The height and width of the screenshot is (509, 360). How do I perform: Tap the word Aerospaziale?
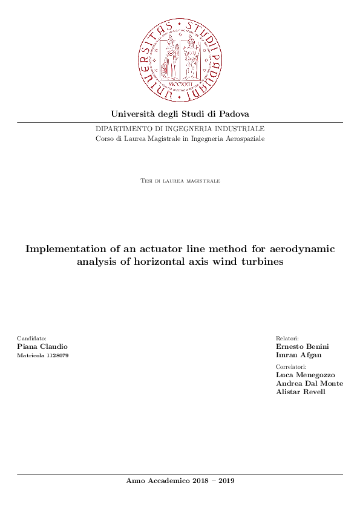pyautogui.click(x=244, y=139)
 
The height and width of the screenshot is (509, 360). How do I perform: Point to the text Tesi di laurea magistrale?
pyautogui.click(x=180, y=181)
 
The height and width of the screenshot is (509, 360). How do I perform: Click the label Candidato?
pyautogui.click(x=32, y=339)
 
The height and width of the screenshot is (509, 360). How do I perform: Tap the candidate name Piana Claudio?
pyautogui.click(x=42, y=347)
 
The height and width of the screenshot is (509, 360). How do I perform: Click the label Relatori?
pyautogui.click(x=287, y=339)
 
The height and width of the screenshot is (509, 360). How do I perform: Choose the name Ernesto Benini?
pyautogui.click(x=303, y=347)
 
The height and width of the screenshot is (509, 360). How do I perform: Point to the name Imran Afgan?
pyautogui.click(x=299, y=355)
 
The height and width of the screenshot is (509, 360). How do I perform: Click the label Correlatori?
pyautogui.click(x=291, y=367)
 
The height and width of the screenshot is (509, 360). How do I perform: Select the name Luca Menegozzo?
pyautogui.click(x=305, y=375)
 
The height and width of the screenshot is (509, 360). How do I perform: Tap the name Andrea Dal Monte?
pyautogui.click(x=309, y=383)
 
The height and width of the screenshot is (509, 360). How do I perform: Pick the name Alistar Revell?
pyautogui.click(x=300, y=392)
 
